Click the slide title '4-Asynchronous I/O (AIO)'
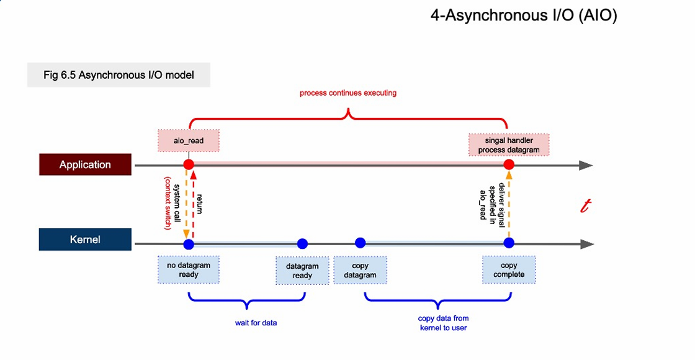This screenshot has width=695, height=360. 524,16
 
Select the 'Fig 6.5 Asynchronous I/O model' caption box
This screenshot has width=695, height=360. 119,75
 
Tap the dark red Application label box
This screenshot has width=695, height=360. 85,164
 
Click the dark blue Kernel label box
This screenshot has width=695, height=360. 85,240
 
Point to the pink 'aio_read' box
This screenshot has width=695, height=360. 189,140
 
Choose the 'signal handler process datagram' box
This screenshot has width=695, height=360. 509,145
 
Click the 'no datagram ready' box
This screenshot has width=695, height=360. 189,269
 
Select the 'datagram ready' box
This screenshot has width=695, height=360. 302,271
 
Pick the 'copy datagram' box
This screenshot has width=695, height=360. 360,270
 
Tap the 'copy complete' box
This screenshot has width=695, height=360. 509,269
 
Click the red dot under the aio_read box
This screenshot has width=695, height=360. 189,164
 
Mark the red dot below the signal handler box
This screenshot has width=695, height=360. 509,164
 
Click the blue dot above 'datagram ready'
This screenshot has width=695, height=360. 302,243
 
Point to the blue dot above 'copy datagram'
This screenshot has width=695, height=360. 361,243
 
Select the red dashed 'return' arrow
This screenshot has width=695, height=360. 194,205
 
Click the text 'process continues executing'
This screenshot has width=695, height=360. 348,93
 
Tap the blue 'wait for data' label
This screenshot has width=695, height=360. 256,323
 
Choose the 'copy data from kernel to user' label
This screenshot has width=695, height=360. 443,323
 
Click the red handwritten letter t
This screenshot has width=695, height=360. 586,206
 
